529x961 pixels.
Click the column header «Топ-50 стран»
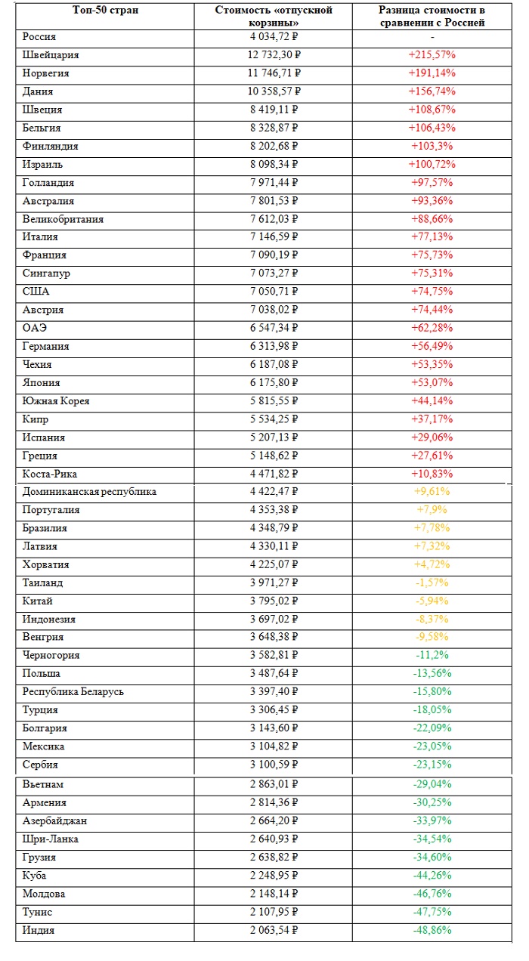click(105, 10)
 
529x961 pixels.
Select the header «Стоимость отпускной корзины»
click(274, 16)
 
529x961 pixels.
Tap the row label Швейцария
click(51, 55)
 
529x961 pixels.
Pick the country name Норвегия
click(46, 73)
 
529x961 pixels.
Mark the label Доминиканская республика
click(89, 492)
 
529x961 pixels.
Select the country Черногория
click(51, 655)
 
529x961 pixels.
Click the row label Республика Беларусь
click(73, 692)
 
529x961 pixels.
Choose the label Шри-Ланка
click(51, 839)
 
